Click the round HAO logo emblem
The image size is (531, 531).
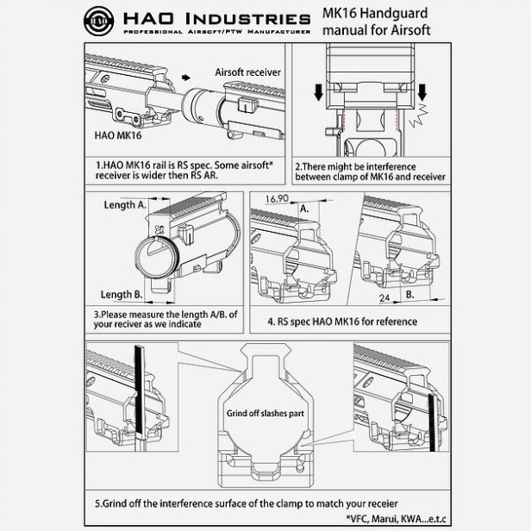pos(97,19)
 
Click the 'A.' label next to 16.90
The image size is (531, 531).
pos(304,208)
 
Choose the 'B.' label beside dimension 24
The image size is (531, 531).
pos(410,294)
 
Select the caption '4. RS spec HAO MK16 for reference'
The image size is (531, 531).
pos(342,322)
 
